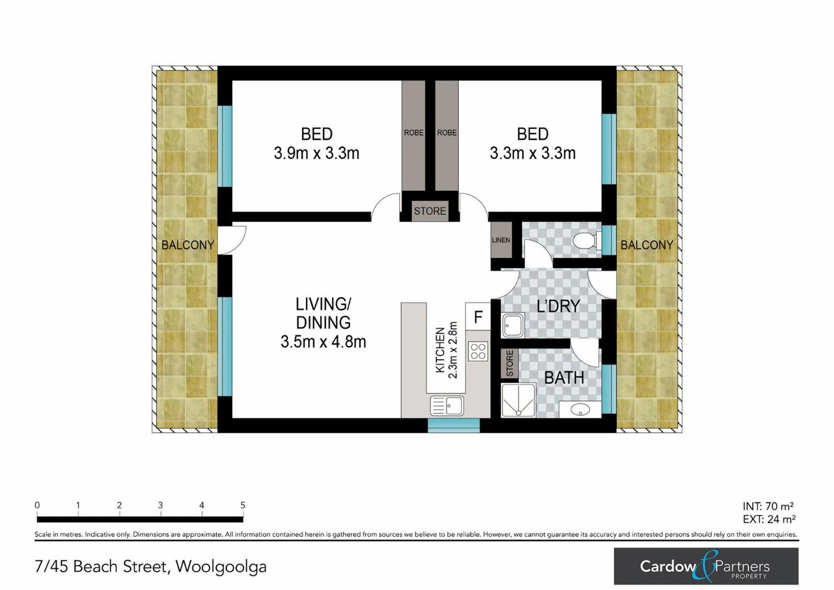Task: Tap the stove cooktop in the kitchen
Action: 478,351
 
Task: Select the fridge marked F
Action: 478,317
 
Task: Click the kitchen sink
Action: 447,406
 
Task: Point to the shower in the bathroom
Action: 519,400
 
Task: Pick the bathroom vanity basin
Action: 580,410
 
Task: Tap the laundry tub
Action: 513,325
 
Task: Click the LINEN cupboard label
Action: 501,240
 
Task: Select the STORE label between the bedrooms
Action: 430,211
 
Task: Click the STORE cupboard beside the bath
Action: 510,363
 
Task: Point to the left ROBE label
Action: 414,133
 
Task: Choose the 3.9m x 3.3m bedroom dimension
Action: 317,153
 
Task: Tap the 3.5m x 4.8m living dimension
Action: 323,341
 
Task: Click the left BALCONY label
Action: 188,245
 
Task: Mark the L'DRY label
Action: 558,306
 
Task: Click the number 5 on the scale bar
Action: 243,505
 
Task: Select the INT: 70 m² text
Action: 768,507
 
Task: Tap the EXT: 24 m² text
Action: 769,519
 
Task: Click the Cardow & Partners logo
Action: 706,566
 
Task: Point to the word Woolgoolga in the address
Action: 221,567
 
